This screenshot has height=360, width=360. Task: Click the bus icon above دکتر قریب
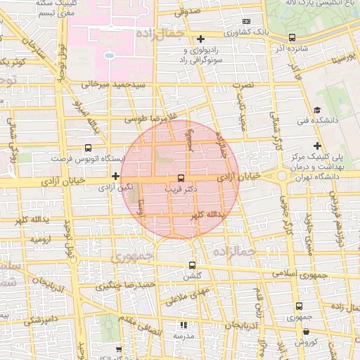tap(181, 178)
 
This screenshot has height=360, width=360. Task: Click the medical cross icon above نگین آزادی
tap(115, 176)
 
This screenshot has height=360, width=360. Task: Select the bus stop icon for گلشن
tap(192, 265)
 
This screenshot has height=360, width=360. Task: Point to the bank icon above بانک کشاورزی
tap(245, 21)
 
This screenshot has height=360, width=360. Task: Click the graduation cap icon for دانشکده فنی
tap(317, 110)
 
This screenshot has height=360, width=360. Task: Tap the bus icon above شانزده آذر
tap(292, 37)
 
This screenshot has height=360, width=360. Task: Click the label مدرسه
tap(183, 336)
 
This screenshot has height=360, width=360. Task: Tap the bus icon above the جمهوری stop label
tap(299, 307)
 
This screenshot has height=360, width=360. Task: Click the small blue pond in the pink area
tap(109, 55)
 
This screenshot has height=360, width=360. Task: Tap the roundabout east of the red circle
tap(282, 176)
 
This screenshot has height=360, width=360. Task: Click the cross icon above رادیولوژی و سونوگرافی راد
tap(201, 38)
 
